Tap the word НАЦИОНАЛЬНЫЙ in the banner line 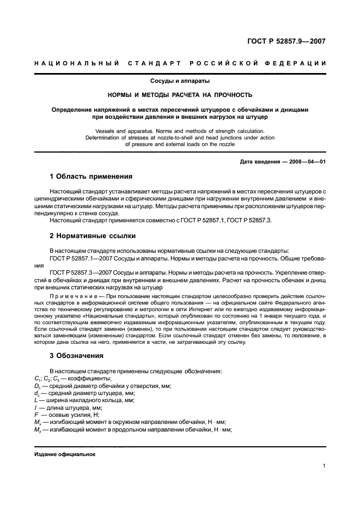pyautogui.click(x=76, y=63)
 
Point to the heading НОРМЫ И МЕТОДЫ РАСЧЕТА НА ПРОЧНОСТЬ pyautogui.click(x=180, y=95)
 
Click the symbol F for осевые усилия pyautogui.click(x=36, y=414)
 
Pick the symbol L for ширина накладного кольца pyautogui.click(x=36, y=399)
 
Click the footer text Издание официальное pyautogui.click(x=65, y=454)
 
